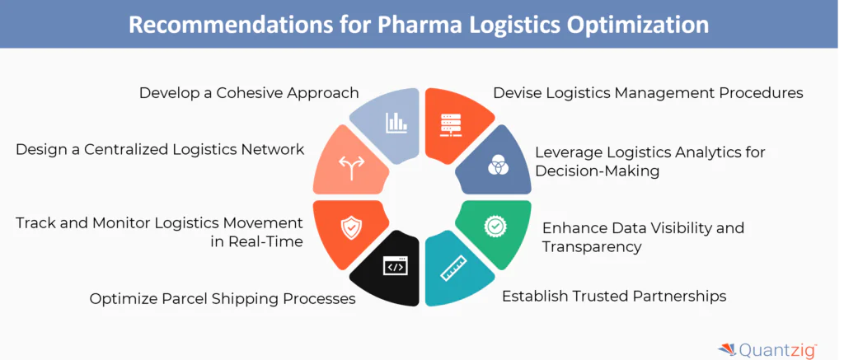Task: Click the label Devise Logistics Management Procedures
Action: point(648,92)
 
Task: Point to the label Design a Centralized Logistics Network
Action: point(160,149)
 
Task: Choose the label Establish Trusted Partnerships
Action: point(614,295)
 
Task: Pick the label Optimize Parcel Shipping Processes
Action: point(223,298)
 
